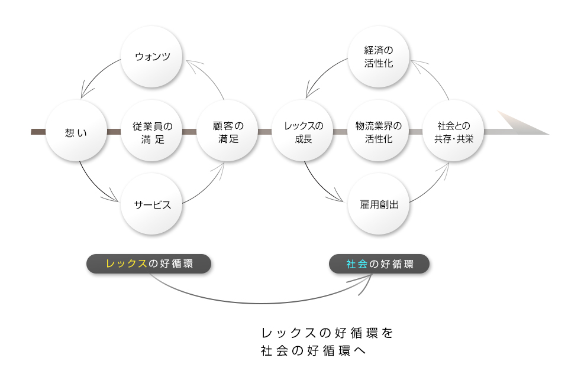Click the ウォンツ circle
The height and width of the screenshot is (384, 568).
pos(152,57)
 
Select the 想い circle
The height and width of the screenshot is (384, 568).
pos(76,132)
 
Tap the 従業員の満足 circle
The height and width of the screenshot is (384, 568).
pos(152,132)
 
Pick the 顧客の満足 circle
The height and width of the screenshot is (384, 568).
pos(228,132)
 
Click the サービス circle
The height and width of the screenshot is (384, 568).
pos(152,205)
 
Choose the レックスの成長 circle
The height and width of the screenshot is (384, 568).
pos(303,132)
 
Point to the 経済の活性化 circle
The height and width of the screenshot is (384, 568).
pos(379,57)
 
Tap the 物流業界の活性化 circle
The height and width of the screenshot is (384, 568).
pos(379,132)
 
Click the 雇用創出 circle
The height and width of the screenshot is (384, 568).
pos(379,205)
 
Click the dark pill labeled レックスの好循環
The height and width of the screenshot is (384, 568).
pos(149,263)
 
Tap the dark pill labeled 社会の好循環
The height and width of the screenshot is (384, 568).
pos(379,263)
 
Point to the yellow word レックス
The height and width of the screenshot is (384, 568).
pos(126,263)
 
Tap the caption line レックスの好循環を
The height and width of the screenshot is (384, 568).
pos(327,333)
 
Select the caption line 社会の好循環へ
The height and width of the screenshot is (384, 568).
pos(314,350)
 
